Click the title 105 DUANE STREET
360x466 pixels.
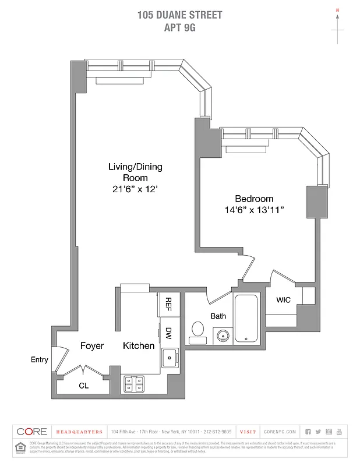pos(179,15)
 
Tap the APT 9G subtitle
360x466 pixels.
pos(179,26)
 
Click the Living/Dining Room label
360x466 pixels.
pos(135,172)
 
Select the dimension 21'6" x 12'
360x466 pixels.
pos(135,189)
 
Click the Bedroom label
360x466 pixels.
pos(254,199)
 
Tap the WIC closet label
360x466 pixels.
pos(283,300)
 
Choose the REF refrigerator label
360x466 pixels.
pos(168,303)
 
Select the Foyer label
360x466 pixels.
pos(91,346)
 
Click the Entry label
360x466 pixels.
pos(39,360)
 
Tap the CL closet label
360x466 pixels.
pos(84,385)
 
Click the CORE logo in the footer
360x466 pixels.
pos(32,432)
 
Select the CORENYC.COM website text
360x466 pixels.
pos(280,432)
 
